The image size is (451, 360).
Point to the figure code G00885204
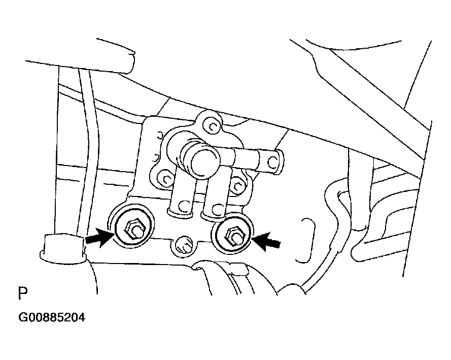click(52, 318)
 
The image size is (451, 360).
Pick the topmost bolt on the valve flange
click(212, 126)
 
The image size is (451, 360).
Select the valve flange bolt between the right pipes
click(237, 184)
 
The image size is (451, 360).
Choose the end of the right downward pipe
click(216, 210)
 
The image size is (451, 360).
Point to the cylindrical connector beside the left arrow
click(63, 249)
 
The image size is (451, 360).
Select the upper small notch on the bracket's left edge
click(159, 135)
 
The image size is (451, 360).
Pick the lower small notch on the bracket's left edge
click(156, 157)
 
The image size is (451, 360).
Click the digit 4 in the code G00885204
click(82, 318)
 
